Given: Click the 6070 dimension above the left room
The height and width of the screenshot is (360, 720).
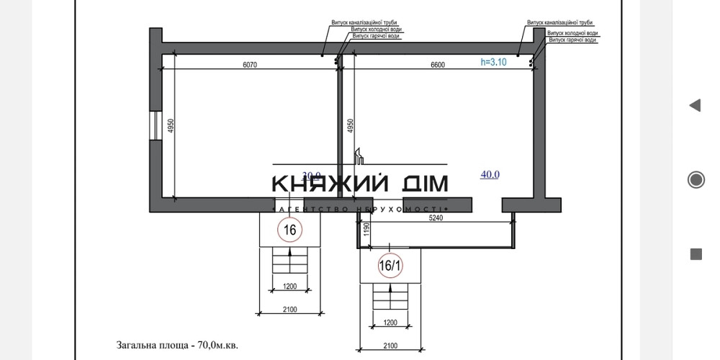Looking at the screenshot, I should pos(250,65).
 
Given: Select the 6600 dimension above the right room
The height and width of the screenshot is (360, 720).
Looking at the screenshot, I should pos(437,65).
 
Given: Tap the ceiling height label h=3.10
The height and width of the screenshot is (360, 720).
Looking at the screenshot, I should pos(494,62).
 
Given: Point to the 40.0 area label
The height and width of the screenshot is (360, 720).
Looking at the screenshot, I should pos(490,174).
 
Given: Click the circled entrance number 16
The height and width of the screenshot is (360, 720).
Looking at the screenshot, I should pos(290,230).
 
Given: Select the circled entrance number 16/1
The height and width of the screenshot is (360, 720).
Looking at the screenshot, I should pos(390,266).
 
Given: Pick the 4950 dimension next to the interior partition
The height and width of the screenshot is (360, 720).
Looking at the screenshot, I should pos(351,127).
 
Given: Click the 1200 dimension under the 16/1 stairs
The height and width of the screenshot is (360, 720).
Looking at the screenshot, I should pos(390,323).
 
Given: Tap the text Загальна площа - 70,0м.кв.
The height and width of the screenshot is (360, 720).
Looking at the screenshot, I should pos(177,345).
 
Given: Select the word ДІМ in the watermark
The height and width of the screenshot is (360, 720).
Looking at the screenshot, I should pos(425,184).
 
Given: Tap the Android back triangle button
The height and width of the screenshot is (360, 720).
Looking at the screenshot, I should pos(695,106).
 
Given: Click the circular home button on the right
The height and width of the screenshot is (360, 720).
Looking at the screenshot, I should pos(696,179).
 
